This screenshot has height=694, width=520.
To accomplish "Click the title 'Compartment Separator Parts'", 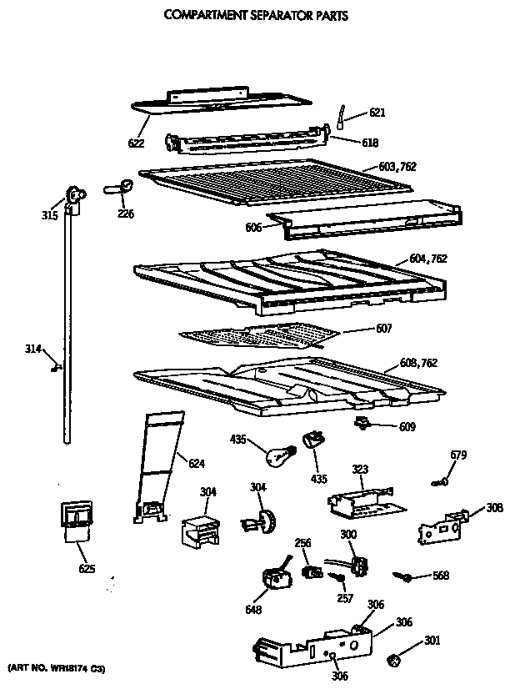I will click(x=255, y=15).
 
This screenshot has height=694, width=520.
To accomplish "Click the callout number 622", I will click(x=136, y=143).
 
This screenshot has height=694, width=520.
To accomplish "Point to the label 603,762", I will click(x=396, y=167).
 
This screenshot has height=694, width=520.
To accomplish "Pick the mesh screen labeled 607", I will click(x=260, y=335).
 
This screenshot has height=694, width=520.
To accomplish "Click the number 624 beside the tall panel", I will click(x=196, y=463).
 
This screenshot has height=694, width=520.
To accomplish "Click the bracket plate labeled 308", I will click(x=442, y=526).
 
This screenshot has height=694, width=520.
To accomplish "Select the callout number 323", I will click(x=360, y=470).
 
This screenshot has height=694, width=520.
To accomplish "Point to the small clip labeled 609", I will click(x=363, y=424).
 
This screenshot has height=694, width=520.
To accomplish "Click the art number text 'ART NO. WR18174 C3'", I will click(x=56, y=669).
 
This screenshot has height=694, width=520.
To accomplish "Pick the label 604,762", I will click(x=428, y=259).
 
